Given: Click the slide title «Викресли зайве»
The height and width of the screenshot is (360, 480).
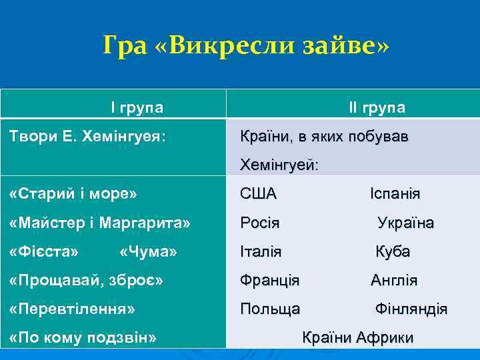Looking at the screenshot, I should tap(245, 46).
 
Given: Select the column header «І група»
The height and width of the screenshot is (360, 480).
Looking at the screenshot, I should tap(137, 107).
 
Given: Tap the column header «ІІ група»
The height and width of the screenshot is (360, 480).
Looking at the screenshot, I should tap(377, 107).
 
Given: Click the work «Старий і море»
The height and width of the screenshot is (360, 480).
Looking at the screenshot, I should tap(74, 194).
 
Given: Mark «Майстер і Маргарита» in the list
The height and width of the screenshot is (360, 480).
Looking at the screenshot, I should tap(101, 223).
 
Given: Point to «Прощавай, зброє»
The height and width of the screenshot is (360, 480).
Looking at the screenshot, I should tap(87, 280).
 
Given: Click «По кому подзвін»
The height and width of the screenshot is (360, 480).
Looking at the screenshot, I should tap(83, 337).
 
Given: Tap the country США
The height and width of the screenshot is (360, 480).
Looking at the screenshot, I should tap(258, 194).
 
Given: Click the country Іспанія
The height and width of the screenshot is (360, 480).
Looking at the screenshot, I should tap(395, 194).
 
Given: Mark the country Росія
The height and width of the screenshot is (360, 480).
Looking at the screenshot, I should tap(260, 223).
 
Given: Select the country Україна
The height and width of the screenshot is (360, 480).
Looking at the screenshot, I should tap(405, 223).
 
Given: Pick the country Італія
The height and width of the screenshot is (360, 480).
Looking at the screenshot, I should tap(261, 251).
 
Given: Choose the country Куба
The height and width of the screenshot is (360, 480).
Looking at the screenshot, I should tap(393, 251).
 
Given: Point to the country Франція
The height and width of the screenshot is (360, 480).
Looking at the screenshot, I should tap(269, 280).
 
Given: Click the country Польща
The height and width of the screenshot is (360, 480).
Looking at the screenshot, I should tap(270, 309).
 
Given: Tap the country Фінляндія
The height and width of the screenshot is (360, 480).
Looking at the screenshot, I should tap(411, 309).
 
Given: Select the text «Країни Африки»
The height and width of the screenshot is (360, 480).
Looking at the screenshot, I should tap(358, 337).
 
